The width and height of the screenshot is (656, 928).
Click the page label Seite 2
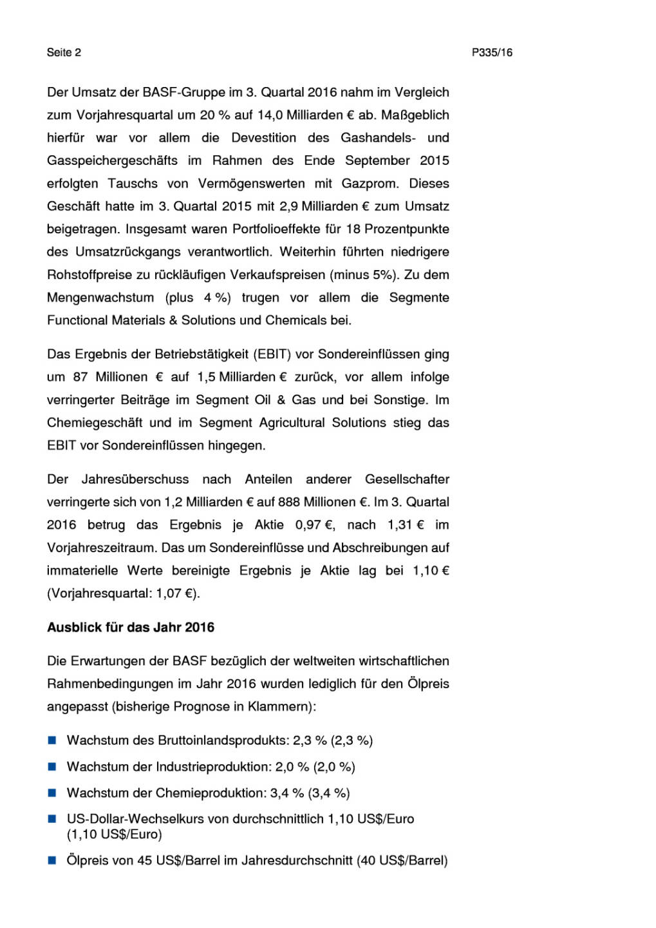point(64,53)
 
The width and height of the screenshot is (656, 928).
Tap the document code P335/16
point(492,53)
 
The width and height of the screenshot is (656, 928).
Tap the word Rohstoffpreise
point(89,275)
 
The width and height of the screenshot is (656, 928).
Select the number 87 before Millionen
point(80,377)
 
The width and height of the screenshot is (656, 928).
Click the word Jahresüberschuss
point(135,479)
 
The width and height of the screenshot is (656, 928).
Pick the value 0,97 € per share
point(315,525)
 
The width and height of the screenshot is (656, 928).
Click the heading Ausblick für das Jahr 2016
point(131,628)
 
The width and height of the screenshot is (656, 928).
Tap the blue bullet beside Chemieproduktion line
point(52,793)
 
